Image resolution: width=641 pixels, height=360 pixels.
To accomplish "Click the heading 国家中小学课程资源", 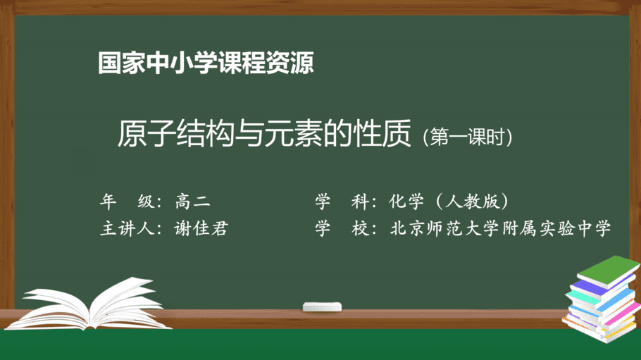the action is point(206,63).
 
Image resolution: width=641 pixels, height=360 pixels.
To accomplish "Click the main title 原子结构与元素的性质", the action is point(264,133).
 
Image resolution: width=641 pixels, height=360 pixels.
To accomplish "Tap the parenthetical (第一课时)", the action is point(468,137).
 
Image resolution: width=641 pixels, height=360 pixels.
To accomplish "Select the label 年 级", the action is point(127,201).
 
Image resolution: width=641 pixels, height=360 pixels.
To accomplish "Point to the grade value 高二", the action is point(192,201).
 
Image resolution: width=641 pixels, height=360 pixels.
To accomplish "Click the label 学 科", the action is point(342,201).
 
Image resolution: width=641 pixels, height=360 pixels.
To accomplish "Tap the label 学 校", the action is point(342,228).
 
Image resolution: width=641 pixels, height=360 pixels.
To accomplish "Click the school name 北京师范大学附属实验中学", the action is point(500,228).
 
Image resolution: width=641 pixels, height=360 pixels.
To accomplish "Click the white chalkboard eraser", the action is point(322,307).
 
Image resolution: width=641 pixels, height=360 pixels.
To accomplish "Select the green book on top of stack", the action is point(609,271).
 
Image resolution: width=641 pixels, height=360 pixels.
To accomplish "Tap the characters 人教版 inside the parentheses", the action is point(472,201).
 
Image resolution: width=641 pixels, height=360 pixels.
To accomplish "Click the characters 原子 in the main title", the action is point(147,133).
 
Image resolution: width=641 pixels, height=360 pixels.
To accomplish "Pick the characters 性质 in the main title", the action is point(382,133).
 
